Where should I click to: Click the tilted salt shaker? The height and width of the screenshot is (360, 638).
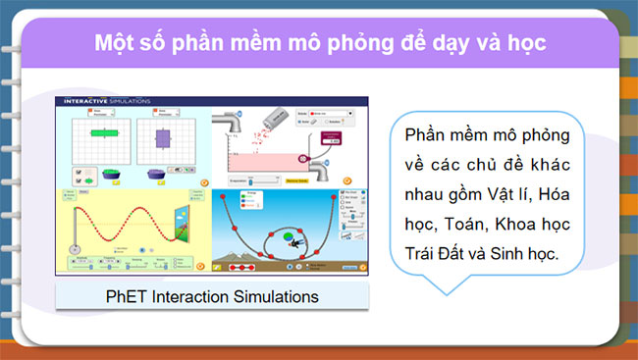click(278, 115)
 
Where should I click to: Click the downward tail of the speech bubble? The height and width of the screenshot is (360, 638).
click(448, 285)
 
